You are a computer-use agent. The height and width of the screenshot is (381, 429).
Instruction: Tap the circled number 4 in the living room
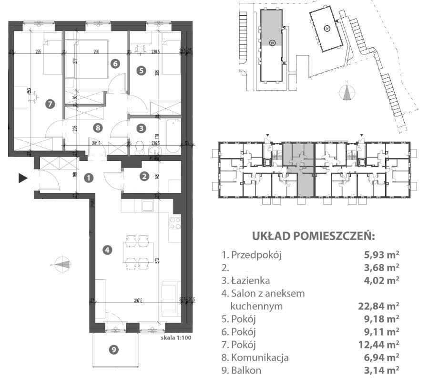(x=108, y=249)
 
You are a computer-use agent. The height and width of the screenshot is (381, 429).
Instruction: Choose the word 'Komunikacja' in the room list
(x=260, y=357)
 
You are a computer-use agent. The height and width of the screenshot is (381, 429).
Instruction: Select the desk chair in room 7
(x=33, y=97)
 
